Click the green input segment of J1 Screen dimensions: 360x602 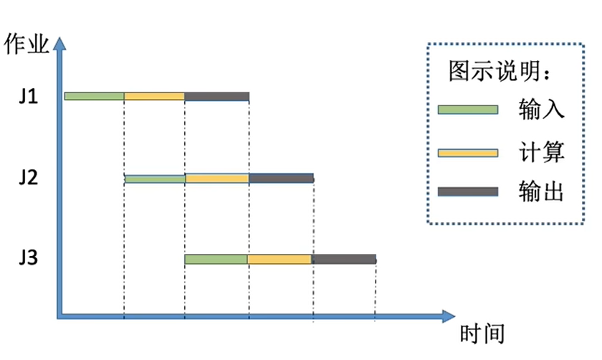pos(94,96)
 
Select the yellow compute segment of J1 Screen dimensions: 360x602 pos(154,96)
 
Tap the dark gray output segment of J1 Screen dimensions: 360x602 pos(216,96)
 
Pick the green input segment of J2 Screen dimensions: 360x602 pos(154,178)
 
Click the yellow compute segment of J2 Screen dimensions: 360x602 pos(216,178)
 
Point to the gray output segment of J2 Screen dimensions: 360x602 pos(281,178)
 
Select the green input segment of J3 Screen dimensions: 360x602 pos(216,259)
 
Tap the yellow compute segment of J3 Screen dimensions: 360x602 pos(279,259)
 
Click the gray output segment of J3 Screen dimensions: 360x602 pos(343,259)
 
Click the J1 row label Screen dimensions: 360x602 pos(28,97)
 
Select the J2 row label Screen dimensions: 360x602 pos(28,178)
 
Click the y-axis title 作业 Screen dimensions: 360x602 pos(27,44)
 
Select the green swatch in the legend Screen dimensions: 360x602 pos(468,110)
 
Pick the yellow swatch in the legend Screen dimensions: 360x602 pos(468,152)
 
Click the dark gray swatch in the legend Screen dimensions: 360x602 pos(468,191)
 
